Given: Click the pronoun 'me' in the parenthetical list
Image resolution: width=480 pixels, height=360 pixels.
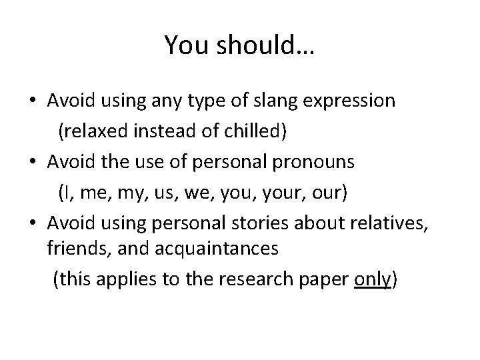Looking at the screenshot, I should point(100,193).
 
